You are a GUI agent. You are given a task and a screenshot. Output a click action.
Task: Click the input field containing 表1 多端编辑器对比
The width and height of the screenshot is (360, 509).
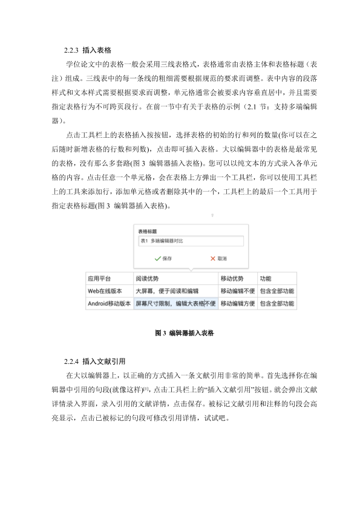coord(190,241)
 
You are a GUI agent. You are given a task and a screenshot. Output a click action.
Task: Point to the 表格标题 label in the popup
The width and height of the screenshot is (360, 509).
coord(148,231)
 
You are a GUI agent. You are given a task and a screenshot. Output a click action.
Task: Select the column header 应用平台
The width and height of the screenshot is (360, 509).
coord(99,279)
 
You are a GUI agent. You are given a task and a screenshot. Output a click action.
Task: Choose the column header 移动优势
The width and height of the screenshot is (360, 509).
coord(232,279)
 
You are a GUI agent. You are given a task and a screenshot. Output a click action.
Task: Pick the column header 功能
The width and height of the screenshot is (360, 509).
coord(266,279)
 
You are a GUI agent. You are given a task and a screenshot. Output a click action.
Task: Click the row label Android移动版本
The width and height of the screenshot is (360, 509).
coord(109,303)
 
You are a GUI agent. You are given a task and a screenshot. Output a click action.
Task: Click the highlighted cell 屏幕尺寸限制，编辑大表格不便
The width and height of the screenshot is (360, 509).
coord(175,303)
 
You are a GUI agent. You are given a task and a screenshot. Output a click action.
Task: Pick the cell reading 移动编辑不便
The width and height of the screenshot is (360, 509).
coord(237,291)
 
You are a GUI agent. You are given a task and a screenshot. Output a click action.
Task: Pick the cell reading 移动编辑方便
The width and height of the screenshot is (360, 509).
coord(237,303)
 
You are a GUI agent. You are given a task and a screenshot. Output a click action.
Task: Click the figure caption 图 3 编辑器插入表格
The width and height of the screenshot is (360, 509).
coord(180,332)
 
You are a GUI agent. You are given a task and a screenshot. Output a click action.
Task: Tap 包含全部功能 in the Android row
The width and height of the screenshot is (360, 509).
coord(277,303)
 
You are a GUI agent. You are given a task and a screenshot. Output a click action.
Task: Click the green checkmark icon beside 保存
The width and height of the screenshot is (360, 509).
coord(157,258)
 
